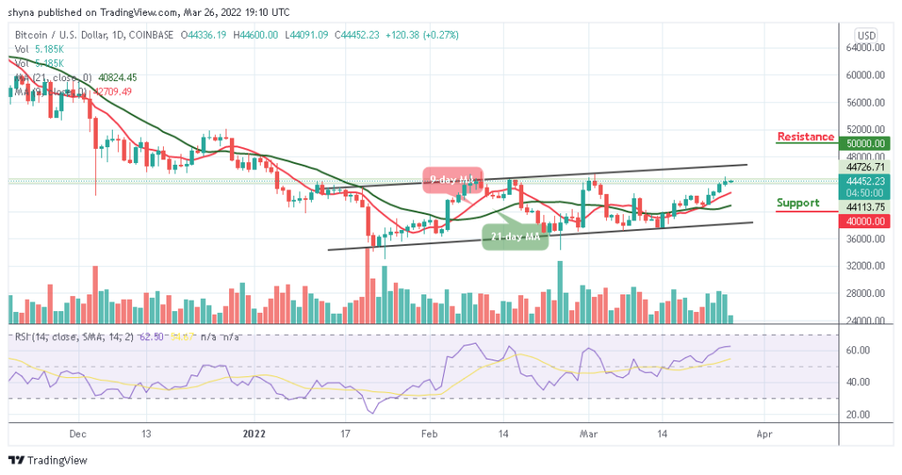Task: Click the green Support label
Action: (797, 203)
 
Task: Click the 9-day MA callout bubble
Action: (454, 180)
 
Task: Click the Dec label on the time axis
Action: (77, 434)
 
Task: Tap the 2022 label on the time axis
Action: (254, 434)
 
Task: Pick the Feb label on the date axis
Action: (429, 434)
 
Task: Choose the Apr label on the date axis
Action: (765, 434)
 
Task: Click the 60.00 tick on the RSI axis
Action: (860, 350)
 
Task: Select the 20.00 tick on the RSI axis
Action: (860, 414)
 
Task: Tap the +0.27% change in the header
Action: (440, 35)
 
